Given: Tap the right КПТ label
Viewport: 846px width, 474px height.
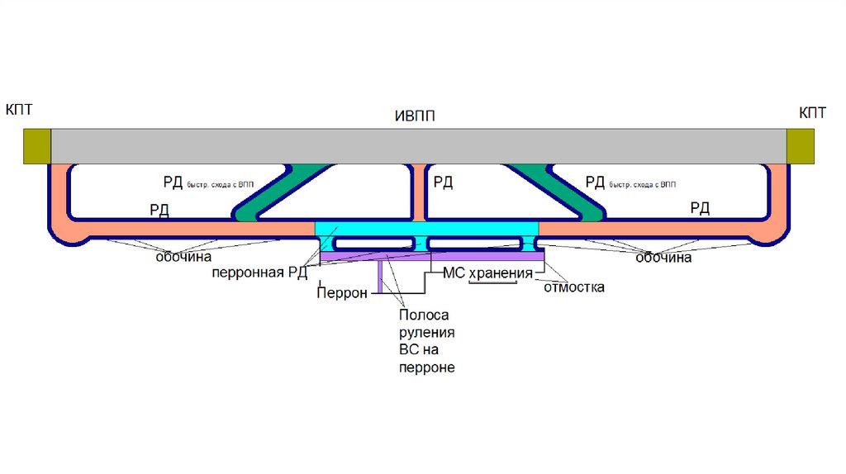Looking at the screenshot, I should point(812,112).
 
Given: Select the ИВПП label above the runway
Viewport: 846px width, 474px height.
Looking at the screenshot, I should point(415,116).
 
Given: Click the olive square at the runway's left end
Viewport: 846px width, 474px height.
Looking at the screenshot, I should point(37,146).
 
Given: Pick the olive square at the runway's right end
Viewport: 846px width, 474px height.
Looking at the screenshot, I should point(801,146).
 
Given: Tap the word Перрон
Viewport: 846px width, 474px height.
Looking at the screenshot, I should point(342,293).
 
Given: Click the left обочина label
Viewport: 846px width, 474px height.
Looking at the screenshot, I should point(184,258).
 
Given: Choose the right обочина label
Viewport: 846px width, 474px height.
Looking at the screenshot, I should point(663,258).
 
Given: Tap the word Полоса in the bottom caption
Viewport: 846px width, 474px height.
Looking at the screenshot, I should point(422,315).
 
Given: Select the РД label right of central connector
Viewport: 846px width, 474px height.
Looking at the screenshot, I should point(444,182).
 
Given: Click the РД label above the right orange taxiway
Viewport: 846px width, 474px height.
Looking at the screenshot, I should point(700,208).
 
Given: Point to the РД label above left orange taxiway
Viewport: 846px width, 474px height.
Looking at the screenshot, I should point(159,210).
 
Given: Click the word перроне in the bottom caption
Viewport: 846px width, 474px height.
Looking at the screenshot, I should point(426,367).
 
